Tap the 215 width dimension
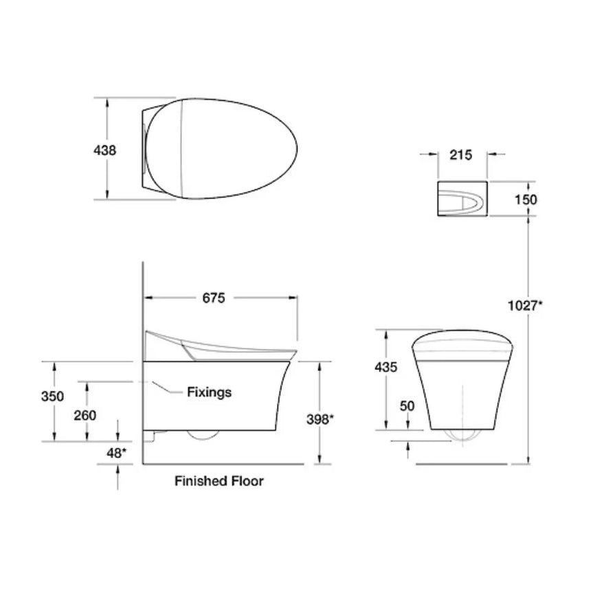pyautogui.click(x=460, y=155)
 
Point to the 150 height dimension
pyautogui.click(x=526, y=199)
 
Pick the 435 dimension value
pyautogui.click(x=386, y=367)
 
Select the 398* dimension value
pyautogui.click(x=321, y=419)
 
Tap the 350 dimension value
pyautogui.click(x=53, y=397)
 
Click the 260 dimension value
pyautogui.click(x=85, y=415)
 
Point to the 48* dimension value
pyautogui.click(x=115, y=453)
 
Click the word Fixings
pyautogui.click(x=210, y=392)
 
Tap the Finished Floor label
pyautogui.click(x=219, y=481)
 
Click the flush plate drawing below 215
pyautogui.click(x=462, y=199)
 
